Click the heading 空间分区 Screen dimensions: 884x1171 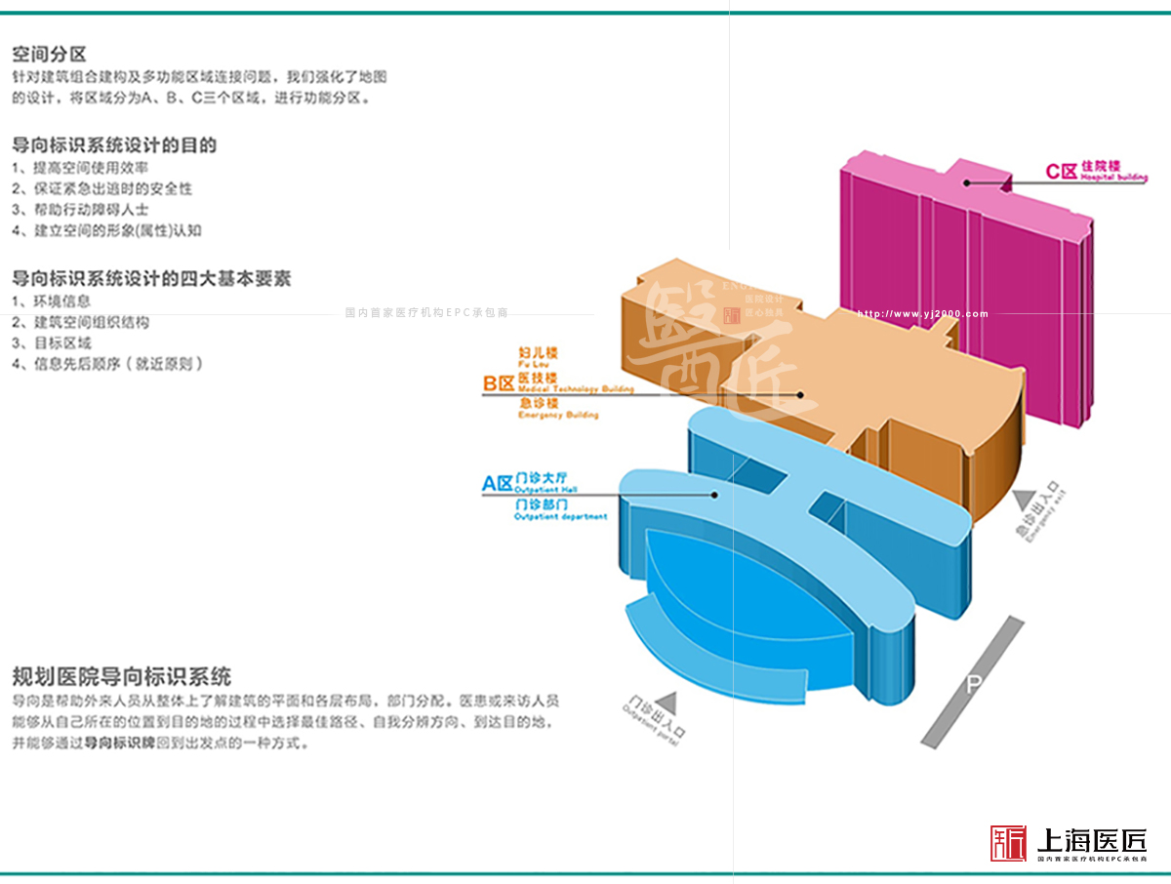click(49, 55)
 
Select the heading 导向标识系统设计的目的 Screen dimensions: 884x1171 click(114, 145)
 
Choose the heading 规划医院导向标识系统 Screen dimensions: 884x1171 click(122, 676)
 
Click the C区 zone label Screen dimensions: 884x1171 click(1061, 172)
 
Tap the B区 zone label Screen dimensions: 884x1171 click(498, 384)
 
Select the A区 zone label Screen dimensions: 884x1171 click(497, 483)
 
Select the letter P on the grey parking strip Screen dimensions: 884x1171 click(973, 684)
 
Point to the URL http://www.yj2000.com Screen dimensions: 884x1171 click(922, 314)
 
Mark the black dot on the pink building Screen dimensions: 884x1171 click(966, 182)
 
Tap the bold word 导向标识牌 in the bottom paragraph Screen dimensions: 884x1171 click(119, 743)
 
